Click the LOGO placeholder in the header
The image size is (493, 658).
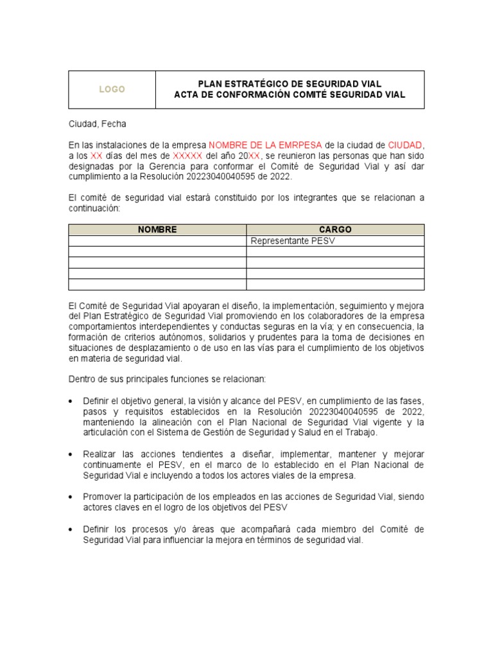point(112,89)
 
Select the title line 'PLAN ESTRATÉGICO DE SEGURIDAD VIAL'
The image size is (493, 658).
point(290,84)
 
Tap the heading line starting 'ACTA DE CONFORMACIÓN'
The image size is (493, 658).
point(290,95)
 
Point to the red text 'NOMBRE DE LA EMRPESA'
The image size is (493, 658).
point(266,145)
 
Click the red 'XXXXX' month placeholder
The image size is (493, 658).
point(188,156)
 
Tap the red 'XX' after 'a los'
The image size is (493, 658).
point(96,156)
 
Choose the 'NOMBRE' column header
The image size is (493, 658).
point(157,229)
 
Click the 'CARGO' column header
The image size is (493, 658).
point(335,229)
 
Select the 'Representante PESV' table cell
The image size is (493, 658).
point(293,241)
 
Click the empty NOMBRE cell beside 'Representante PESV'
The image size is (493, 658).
point(157,241)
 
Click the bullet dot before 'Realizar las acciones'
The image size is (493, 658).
point(71,454)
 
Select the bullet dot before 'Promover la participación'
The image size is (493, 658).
point(71,497)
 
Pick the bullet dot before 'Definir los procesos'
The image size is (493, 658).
point(71,529)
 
